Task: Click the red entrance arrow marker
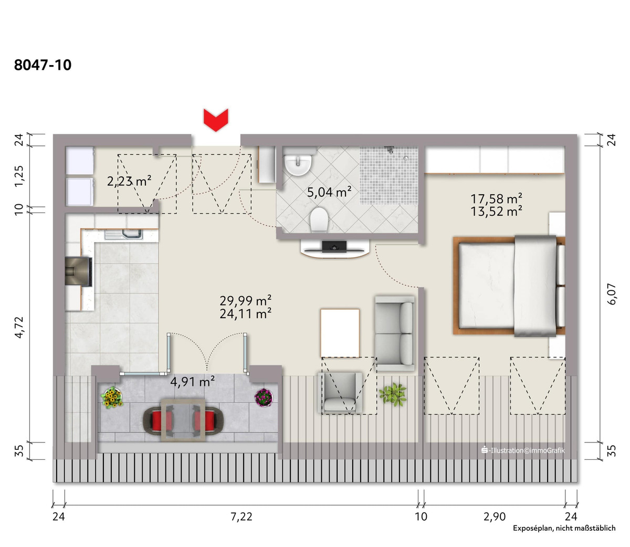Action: click(216, 120)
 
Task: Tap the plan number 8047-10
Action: click(43, 65)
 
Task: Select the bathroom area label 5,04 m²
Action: click(329, 192)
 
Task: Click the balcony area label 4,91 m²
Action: click(193, 382)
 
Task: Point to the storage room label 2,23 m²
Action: click(129, 181)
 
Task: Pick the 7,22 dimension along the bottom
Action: click(241, 517)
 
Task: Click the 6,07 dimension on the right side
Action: click(612, 294)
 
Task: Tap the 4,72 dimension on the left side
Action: click(19, 327)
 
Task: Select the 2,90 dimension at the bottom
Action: click(495, 517)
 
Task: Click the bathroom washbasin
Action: click(298, 164)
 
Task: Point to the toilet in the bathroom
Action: click(319, 220)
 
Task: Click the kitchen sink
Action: click(124, 235)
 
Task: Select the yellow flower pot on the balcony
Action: click(112, 397)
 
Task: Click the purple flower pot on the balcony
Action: click(264, 397)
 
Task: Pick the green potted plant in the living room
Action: click(393, 394)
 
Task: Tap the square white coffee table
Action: click(340, 333)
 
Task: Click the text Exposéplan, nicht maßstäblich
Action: click(564, 528)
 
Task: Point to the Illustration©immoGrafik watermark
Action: click(523, 450)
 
